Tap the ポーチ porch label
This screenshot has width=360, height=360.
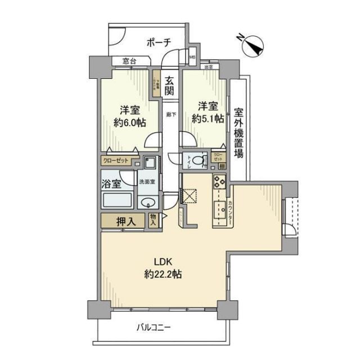(x=157, y=42)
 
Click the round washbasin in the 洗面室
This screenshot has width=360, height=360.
(x=148, y=204)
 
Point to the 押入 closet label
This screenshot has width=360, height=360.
(x=126, y=222)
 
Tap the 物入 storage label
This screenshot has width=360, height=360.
(x=154, y=220)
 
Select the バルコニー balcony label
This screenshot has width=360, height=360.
(x=153, y=327)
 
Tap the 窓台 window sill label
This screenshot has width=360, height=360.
(x=130, y=61)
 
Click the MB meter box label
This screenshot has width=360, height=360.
(x=192, y=57)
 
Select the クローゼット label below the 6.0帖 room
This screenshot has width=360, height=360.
(x=116, y=161)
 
